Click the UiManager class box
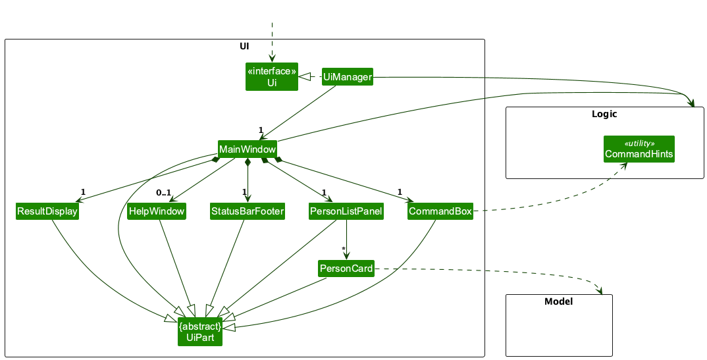347,77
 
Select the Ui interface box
272,77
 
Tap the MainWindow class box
248,149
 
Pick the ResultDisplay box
47,211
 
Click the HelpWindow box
157,211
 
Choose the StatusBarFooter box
247,211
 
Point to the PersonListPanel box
346,211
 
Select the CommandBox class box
440,211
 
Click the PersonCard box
346,268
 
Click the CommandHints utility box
639,149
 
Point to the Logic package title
604,114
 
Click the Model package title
558,302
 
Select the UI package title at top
244,47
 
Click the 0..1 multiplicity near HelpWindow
163,193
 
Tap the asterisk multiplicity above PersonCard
343,249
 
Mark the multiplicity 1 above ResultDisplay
83,192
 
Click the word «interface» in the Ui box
272,71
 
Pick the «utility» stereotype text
639,143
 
